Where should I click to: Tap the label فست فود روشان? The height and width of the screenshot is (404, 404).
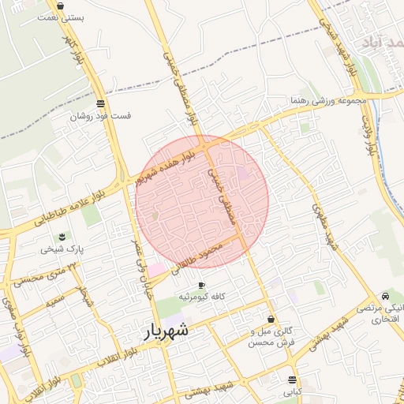[100, 116]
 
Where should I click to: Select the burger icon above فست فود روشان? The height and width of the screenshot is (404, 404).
[100, 103]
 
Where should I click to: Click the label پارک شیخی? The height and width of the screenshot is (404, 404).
[62, 249]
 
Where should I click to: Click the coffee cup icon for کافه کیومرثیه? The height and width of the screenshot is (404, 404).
[201, 285]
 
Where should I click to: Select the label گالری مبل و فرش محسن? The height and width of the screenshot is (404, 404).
[271, 338]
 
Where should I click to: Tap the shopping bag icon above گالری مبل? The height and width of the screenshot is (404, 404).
[271, 320]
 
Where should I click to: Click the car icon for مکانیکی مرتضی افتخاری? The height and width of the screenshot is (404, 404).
[385, 294]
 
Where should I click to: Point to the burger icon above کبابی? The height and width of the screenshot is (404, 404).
[293, 379]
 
